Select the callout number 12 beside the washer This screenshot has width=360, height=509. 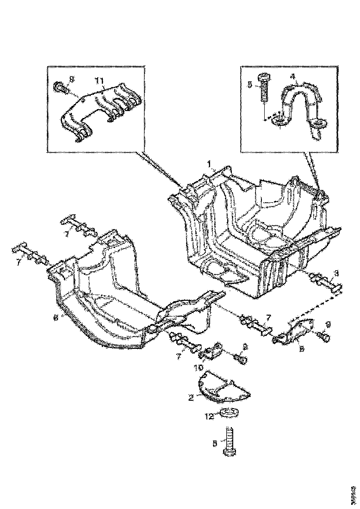pyautogui.click(x=209, y=416)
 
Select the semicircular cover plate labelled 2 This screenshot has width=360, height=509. pyautogui.click(x=224, y=387)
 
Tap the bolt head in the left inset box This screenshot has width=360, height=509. pyautogui.click(x=60, y=86)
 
